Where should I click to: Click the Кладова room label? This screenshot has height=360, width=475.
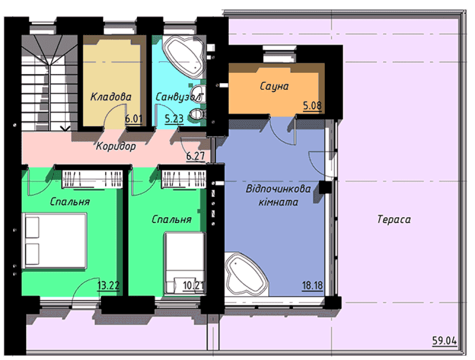(111, 97)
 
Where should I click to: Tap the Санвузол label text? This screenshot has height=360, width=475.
(178, 97)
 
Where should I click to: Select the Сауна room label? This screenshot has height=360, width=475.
(274, 86)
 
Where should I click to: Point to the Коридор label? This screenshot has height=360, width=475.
(116, 146)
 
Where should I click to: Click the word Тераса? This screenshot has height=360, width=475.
(394, 219)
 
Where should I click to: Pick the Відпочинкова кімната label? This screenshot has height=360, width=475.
(278, 195)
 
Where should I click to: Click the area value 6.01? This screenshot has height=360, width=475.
(134, 118)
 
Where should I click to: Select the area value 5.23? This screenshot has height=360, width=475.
(174, 119)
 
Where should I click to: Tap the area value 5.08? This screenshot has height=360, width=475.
(312, 106)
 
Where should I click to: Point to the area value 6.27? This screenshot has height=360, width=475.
(195, 156)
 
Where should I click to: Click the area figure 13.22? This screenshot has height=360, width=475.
(108, 285)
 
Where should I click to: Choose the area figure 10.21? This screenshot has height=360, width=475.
(194, 285)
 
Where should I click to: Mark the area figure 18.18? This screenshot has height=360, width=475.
(312, 285)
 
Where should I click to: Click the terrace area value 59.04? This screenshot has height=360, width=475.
(445, 341)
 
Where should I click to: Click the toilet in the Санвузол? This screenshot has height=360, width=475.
(198, 115)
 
